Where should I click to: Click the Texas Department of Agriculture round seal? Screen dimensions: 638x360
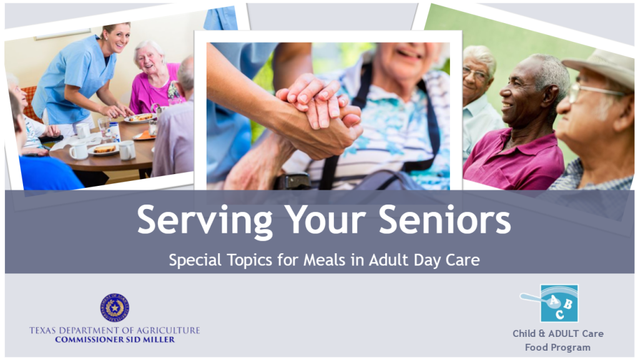(x=114, y=308)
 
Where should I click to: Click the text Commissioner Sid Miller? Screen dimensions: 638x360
(x=115, y=339)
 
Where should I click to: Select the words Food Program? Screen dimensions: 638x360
(x=557, y=348)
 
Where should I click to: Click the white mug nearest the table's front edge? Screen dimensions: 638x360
(x=78, y=151)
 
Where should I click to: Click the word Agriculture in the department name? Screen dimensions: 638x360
(x=167, y=330)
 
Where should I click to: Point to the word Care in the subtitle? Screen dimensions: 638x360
(x=463, y=260)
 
